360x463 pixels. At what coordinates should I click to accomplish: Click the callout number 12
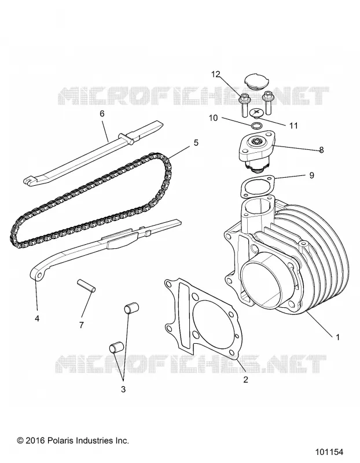215,74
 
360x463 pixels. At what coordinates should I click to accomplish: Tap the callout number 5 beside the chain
196,142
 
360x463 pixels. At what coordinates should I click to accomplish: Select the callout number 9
311,175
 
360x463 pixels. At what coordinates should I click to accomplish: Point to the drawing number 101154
329,452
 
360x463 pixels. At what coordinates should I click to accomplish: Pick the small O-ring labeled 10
256,126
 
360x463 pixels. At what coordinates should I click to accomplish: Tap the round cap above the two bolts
257,81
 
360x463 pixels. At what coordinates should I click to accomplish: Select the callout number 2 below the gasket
246,380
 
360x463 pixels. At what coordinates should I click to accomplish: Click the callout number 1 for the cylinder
337,337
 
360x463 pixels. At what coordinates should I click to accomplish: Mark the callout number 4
37,318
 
